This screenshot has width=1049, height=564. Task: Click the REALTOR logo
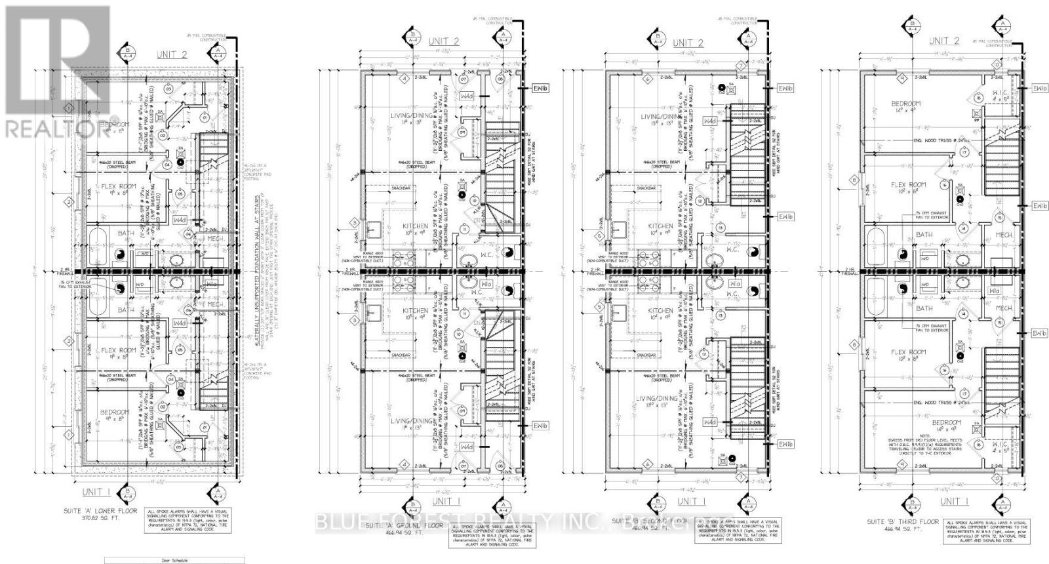56,72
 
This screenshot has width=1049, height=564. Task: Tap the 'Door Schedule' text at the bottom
174,561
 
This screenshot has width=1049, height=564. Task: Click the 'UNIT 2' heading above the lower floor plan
171,54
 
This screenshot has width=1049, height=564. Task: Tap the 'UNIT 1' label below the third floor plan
953,501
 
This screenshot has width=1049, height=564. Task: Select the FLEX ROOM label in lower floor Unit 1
118,351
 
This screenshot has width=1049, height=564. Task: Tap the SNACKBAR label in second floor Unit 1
646,355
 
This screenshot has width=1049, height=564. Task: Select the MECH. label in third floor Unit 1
1004,308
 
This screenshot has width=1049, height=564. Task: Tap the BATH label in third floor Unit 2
924,234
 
